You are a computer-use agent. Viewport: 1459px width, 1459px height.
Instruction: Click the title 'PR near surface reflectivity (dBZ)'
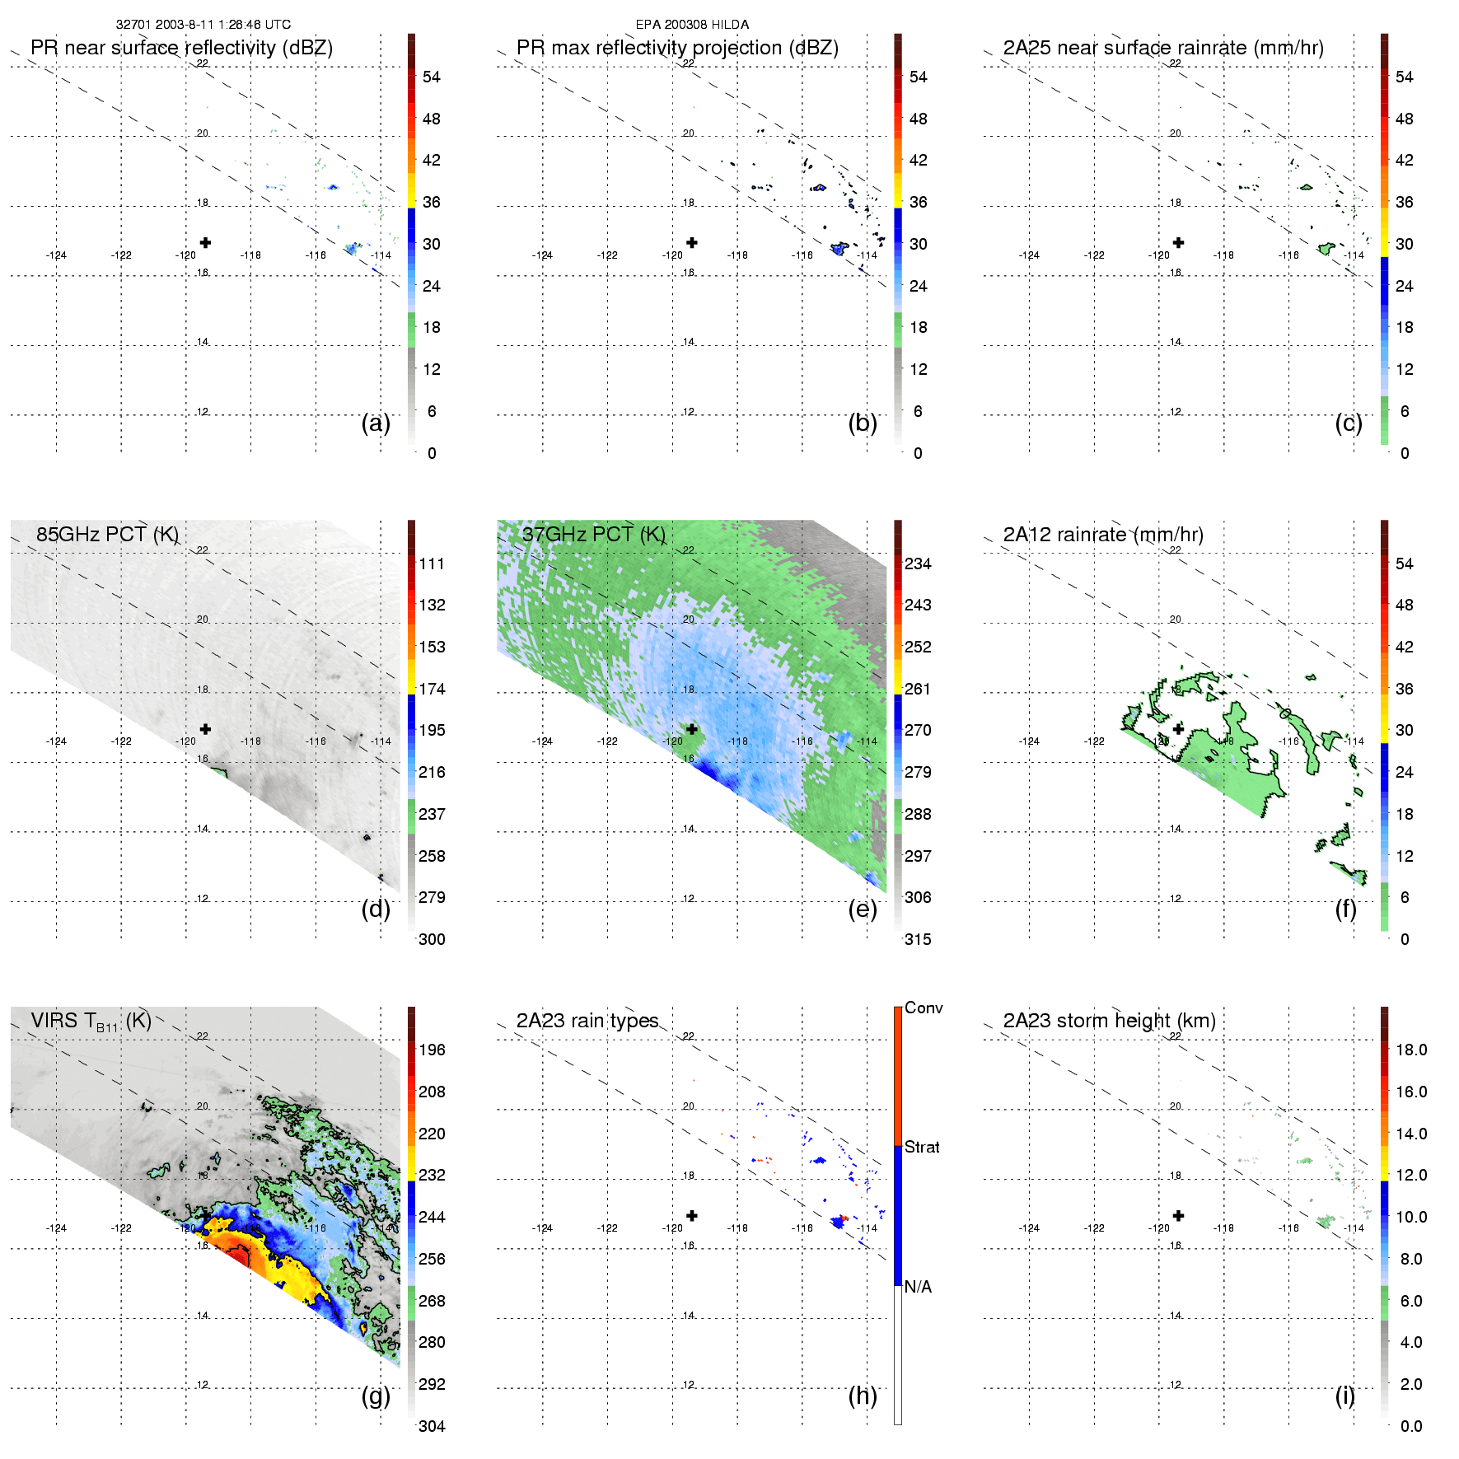coord(181,48)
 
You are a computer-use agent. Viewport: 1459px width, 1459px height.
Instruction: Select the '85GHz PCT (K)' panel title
coord(107,534)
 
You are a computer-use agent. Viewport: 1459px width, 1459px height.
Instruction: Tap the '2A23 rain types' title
coord(587,1021)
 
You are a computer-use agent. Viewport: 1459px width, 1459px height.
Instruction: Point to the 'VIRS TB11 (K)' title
coord(91,1022)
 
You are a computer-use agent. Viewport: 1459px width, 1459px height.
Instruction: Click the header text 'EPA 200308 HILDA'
coord(692,25)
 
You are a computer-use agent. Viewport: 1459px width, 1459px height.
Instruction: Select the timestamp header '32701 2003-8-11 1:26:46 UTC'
coord(203,25)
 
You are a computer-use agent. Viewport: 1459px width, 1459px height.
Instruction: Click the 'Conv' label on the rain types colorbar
coord(923,1008)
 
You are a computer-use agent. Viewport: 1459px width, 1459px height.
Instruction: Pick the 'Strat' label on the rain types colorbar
coord(922,1147)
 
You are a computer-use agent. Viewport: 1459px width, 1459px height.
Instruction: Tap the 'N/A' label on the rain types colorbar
coord(918,1287)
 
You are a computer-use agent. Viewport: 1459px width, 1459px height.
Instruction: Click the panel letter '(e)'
coord(862,909)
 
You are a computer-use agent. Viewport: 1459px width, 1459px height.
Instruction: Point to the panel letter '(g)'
coord(376,1396)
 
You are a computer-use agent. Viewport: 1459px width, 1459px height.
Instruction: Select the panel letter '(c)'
coord(1349,423)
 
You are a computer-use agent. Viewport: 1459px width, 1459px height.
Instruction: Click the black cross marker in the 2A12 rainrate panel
coord(1179,729)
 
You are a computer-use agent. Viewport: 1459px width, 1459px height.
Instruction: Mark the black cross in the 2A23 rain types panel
coord(692,1215)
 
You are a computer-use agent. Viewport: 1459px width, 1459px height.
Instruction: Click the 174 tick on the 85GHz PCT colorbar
coord(432,689)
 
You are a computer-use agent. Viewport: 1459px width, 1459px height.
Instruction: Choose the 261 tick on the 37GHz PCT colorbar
coord(918,689)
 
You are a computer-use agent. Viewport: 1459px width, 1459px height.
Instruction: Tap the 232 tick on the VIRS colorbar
coord(432,1175)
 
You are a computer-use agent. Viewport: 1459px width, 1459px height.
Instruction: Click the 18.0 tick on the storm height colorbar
coord(1411,1050)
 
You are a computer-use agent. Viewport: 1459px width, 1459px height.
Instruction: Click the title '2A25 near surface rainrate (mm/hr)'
coord(1163,48)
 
